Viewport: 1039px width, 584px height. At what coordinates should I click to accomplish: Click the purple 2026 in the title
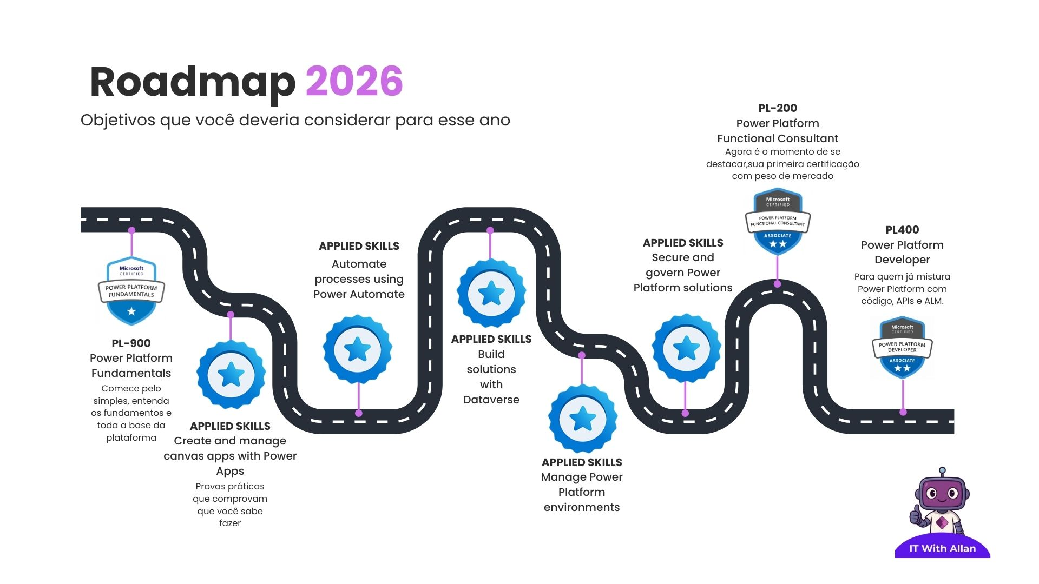(x=354, y=82)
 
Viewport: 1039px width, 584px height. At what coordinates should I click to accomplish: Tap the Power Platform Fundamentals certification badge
(x=131, y=291)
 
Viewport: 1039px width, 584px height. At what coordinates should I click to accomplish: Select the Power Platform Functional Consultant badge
(x=778, y=222)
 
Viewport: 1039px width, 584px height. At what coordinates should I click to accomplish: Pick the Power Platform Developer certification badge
(x=902, y=348)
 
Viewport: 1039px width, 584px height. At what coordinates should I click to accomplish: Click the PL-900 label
(x=131, y=343)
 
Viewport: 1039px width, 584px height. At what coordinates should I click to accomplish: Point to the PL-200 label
(x=778, y=108)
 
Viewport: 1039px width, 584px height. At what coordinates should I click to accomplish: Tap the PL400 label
(x=902, y=230)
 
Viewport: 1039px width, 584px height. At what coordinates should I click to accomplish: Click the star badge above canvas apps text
(x=231, y=374)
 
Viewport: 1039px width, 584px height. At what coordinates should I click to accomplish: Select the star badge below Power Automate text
(x=358, y=350)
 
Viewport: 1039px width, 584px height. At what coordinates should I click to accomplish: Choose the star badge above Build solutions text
(x=491, y=293)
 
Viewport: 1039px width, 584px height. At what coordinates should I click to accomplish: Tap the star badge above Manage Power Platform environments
(x=583, y=419)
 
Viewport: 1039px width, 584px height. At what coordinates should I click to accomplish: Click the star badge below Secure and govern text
(x=686, y=348)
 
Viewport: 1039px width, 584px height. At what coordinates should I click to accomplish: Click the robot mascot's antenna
(x=942, y=471)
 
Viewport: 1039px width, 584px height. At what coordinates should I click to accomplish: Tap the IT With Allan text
(x=942, y=548)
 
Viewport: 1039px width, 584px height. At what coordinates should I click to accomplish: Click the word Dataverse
(x=491, y=400)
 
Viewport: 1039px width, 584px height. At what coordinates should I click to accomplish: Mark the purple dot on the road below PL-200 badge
(x=777, y=283)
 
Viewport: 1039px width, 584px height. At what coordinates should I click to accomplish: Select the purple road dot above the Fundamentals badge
(x=131, y=230)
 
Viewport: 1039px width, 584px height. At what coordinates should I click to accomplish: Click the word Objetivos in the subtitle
(x=117, y=120)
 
